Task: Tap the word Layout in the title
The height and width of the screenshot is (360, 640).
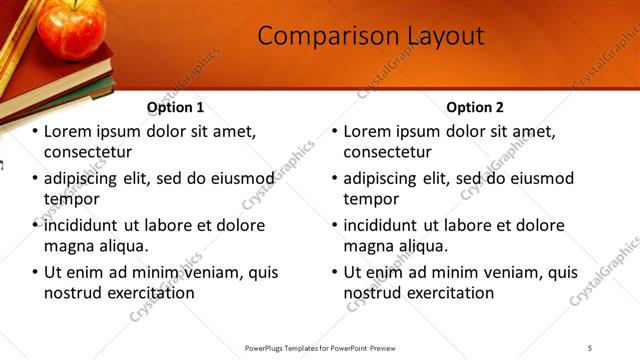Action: click(442, 36)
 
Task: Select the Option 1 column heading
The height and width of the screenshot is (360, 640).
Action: click(175, 107)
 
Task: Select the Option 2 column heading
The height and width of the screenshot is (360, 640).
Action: click(474, 107)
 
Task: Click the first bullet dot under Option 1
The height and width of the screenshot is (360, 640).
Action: click(36, 131)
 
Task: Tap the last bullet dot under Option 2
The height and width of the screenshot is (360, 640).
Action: click(336, 272)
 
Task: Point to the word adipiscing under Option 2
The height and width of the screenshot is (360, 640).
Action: click(386, 178)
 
